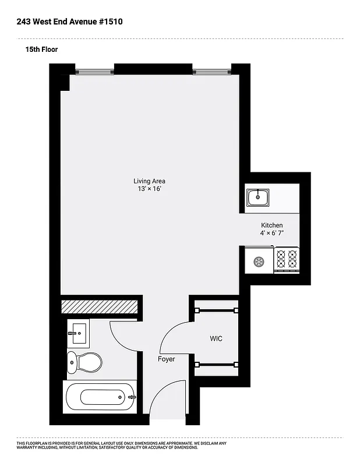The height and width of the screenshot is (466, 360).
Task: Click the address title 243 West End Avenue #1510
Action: [70, 22]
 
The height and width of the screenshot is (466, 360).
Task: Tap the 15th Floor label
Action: [41, 50]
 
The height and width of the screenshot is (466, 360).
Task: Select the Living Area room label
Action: [149, 181]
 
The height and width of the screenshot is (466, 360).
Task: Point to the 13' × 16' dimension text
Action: [149, 189]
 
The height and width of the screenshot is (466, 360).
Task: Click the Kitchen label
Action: [271, 225]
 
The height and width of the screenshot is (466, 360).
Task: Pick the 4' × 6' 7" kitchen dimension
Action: [271, 233]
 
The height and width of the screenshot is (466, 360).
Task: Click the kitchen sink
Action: [257, 198]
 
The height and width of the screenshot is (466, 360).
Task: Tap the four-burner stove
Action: [286, 259]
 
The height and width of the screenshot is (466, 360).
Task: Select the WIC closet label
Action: [216, 338]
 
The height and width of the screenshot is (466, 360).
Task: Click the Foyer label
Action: [166, 359]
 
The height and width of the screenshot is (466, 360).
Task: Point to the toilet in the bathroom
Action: [83, 362]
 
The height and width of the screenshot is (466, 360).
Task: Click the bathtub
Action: [100, 397]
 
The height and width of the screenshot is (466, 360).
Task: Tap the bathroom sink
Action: [77, 334]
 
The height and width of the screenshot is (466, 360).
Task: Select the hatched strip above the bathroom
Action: [100, 307]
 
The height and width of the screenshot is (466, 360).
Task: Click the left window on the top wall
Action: [94, 72]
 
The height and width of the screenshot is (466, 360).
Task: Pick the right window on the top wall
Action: [212, 72]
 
